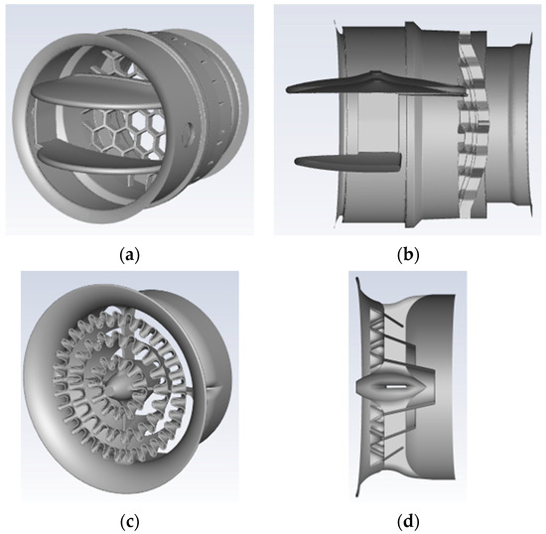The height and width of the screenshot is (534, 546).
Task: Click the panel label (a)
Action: click(129, 255)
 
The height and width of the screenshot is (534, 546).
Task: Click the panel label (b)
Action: click(408, 255)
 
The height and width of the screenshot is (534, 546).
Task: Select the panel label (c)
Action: click(129, 522)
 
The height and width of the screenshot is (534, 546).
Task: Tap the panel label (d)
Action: click(408, 522)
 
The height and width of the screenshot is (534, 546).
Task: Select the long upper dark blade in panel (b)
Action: click(376, 83)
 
